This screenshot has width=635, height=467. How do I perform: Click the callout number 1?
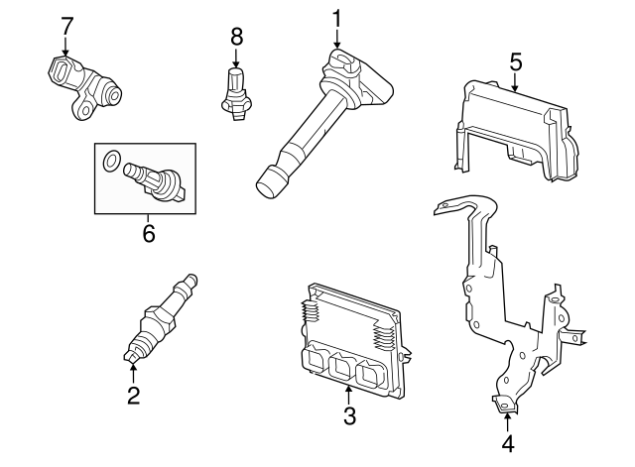[337, 17]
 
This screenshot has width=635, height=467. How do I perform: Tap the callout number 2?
[133, 396]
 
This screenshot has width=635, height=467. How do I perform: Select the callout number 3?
[349, 416]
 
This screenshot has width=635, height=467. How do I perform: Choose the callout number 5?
[516, 61]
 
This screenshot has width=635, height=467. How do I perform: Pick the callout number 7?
[66, 24]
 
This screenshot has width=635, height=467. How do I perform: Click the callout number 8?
[236, 37]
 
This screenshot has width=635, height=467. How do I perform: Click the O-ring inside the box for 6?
[113, 159]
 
